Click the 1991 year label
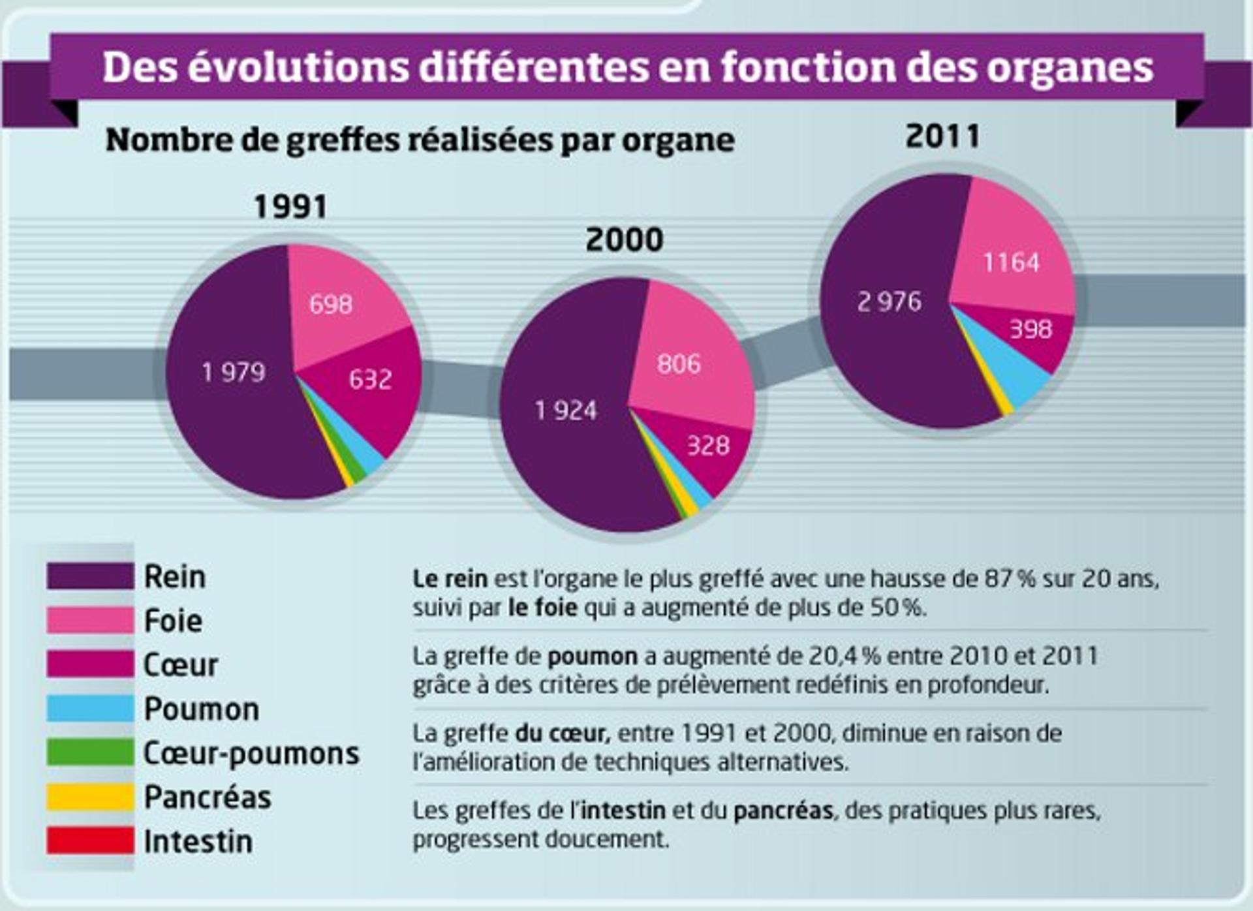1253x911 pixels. pos(290,207)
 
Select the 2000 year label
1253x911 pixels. pos(625,239)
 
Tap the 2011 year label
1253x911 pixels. pos(942,136)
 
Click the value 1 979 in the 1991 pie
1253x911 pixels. pos(234,373)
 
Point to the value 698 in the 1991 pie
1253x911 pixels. pos(331,304)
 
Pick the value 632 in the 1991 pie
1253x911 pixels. pos(370,379)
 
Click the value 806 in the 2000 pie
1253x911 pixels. pos(679,364)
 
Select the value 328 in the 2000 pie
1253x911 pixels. pos(708,446)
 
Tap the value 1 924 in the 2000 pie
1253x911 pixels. pos(566,411)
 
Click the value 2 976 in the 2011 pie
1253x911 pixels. pos(889,301)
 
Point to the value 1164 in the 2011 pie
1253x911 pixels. pos(1011,262)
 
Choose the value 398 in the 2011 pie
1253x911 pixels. pos(1031,329)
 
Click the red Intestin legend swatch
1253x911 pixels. pos(90,841)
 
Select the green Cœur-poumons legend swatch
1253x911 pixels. pos(90,752)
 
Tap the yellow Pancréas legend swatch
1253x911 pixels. pos(90,797)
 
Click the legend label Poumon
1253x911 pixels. pos(202,709)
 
